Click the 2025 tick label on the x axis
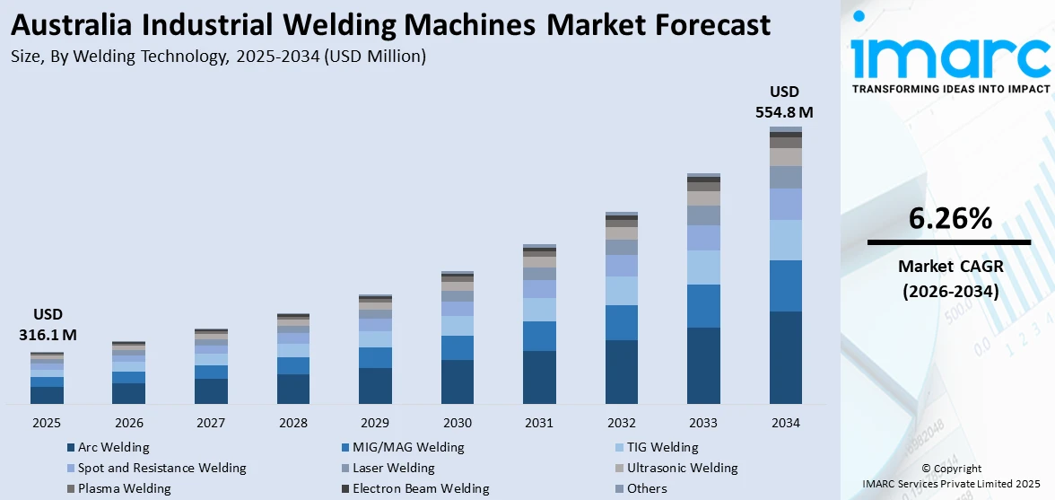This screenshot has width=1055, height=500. [47, 422]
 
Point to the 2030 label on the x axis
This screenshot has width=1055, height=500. [458, 422]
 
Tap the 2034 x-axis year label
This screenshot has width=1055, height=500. [785, 422]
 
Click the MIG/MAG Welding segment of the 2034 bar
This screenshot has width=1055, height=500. [785, 285]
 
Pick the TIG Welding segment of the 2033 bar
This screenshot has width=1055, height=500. [703, 267]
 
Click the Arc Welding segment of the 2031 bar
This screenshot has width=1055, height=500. [539, 377]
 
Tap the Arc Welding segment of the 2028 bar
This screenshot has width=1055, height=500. [293, 389]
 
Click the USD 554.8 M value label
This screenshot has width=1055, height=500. [784, 102]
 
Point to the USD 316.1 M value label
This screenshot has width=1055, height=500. [48, 325]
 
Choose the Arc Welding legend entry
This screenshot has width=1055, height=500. [113, 447]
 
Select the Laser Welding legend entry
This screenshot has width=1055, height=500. [393, 468]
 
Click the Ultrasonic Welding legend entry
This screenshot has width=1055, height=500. [683, 468]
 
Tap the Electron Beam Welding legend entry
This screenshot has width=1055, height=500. [420, 488]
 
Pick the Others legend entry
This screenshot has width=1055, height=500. [646, 488]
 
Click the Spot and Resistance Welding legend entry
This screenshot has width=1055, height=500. [161, 468]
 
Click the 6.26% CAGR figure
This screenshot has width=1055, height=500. [949, 218]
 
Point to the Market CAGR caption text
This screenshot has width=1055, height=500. [949, 267]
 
